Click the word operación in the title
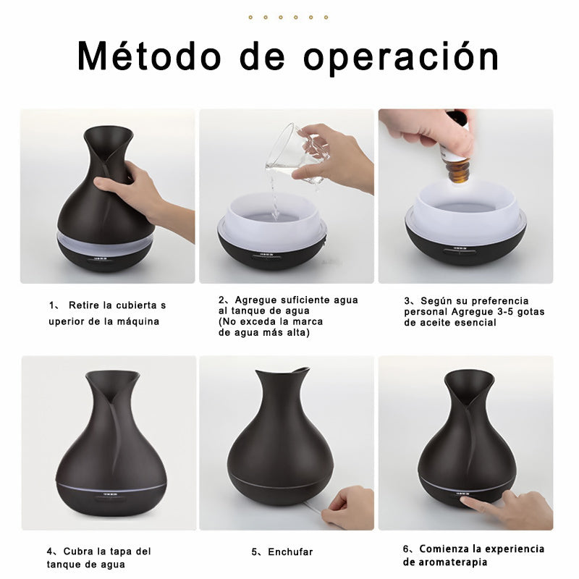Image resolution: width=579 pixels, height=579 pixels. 402,58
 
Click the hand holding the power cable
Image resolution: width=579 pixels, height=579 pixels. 348,508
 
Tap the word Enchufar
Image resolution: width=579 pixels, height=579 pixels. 290,552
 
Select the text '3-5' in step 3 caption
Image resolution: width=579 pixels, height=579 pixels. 505,312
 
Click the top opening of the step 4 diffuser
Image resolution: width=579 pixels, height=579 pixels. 113,376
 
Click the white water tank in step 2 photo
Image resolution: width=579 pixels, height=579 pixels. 272,218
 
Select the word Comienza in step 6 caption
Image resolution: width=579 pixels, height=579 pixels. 445,549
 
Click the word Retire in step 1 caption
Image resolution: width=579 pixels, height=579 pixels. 85,305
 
